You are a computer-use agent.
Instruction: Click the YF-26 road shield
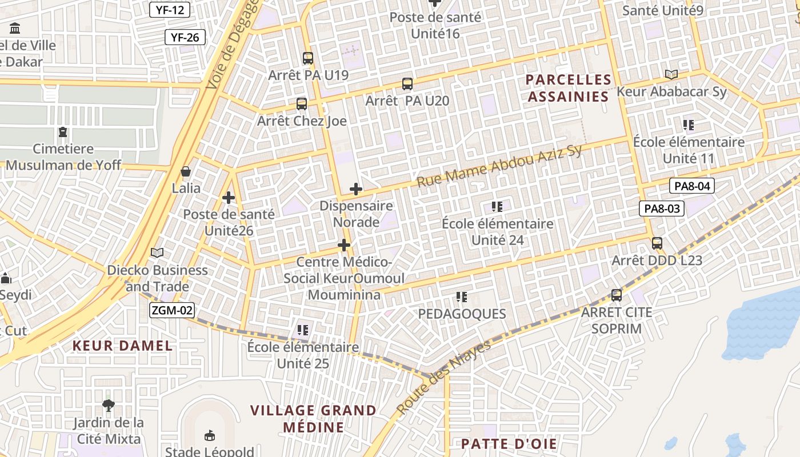coord(185,38)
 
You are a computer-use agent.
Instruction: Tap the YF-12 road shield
coord(170,9)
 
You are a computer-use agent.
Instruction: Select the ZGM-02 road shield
coord(172,311)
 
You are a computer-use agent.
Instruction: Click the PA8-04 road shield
coord(692,186)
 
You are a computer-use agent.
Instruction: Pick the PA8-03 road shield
coord(662,209)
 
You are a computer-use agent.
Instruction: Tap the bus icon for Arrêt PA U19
coord(308,58)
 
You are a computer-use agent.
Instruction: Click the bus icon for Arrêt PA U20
coord(407,84)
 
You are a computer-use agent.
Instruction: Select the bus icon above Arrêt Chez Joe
coord(302,104)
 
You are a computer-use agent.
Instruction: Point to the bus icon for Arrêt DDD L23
coord(657,243)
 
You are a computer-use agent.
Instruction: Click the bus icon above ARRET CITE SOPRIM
coord(617,295)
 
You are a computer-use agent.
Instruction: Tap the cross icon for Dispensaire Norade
coord(356,189)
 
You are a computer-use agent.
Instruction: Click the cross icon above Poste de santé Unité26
coord(229,198)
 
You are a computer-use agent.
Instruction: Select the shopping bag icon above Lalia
coord(186,171)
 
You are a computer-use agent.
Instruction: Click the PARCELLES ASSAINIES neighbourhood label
coord(569,88)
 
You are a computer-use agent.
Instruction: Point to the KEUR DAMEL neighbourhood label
coord(123,346)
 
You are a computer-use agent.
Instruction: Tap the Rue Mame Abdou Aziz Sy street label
coord(499,166)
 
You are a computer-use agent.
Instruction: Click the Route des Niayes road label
coord(443,378)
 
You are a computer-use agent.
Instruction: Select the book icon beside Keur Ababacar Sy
coord(671,74)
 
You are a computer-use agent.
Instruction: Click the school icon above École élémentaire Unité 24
coord(497,207)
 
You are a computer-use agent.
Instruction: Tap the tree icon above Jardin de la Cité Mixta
coord(108,406)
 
